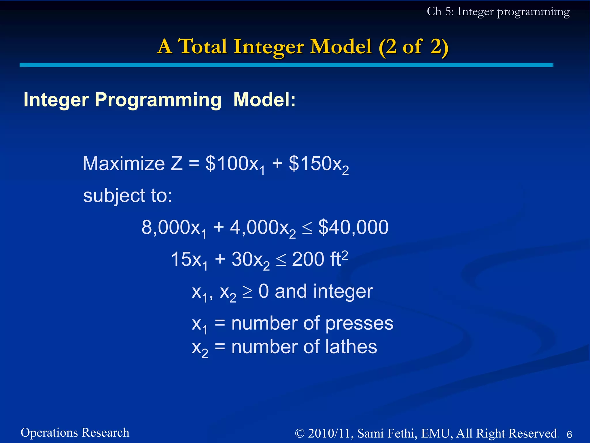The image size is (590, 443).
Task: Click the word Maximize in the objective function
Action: pyautogui.click(x=124, y=164)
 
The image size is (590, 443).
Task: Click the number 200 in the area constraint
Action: pyautogui.click(x=308, y=259)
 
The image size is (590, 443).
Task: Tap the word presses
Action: pyautogui.click(x=359, y=323)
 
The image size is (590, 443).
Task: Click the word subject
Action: pyautogui.click(x=114, y=196)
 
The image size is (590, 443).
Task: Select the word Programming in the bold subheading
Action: pyautogui.click(x=158, y=100)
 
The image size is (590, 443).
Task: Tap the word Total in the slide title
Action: pyautogui.click(x=203, y=46)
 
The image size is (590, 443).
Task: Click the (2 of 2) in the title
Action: pyautogui.click(x=413, y=47)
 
